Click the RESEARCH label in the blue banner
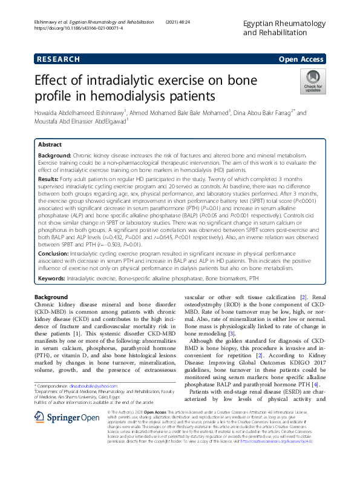point(58,59)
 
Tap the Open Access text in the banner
point(302,59)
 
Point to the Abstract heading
point(50,146)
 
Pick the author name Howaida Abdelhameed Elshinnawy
point(76,113)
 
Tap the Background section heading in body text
point(51,297)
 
